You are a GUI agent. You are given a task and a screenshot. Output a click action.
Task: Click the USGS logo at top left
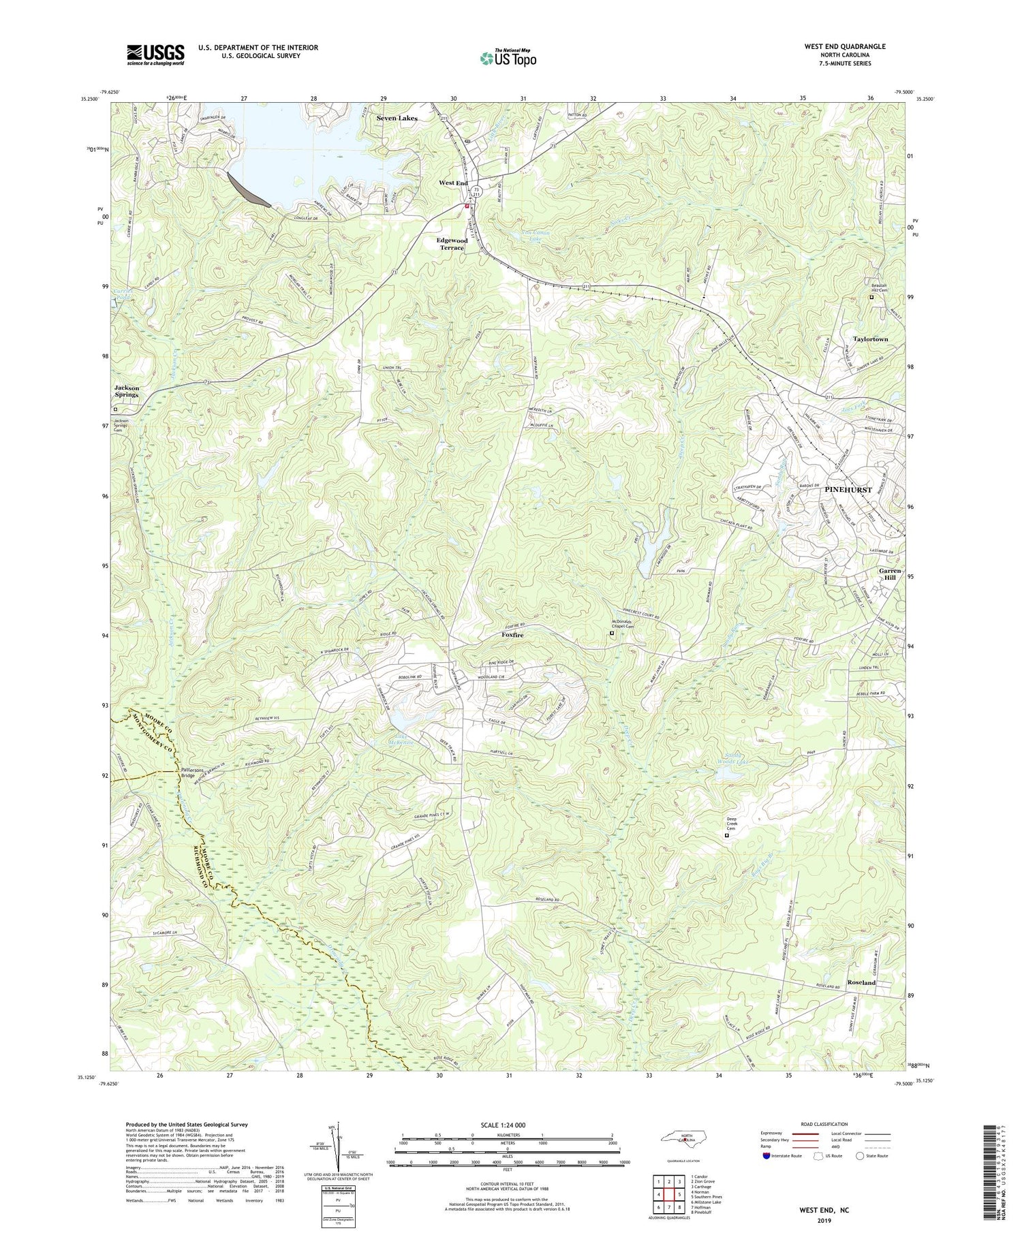155,54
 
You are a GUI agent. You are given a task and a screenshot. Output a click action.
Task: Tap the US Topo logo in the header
508,58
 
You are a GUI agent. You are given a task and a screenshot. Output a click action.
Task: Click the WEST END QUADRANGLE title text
836,46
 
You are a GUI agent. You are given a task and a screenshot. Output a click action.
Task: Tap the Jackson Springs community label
127,392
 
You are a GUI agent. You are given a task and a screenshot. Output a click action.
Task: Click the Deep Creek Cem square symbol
726,835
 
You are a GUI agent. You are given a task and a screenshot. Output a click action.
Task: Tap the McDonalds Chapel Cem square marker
611,634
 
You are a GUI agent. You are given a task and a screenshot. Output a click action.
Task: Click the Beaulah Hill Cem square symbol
870,298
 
